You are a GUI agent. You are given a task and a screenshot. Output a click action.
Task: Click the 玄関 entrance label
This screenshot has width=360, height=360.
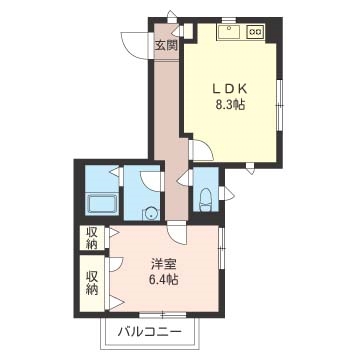(x=166, y=45)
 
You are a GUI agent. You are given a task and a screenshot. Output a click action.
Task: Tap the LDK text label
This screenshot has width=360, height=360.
(x=230, y=89)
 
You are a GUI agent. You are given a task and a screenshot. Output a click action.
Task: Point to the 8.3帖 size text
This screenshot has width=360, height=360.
(x=230, y=105)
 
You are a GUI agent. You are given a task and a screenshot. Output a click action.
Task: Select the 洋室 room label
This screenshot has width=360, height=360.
(x=163, y=264)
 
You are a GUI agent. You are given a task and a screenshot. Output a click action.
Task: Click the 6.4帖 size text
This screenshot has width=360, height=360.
(x=163, y=279)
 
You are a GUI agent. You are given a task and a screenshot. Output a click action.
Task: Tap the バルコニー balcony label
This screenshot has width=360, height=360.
(x=150, y=332)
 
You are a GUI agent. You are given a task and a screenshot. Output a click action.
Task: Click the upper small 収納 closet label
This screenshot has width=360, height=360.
(x=92, y=238)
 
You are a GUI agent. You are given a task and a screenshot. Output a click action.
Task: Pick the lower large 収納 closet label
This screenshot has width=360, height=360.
(x=92, y=283)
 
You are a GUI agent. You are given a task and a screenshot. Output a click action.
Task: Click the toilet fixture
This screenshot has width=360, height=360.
(x=206, y=200)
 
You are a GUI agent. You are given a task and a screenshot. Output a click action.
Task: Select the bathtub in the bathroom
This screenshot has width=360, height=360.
(x=102, y=205)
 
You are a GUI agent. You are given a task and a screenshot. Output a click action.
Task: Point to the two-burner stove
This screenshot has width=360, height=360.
(x=255, y=32)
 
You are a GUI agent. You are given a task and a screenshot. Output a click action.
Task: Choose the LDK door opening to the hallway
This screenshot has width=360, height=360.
(x=201, y=151)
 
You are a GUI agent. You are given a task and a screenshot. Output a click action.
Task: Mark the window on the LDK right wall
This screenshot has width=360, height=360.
(x=280, y=106)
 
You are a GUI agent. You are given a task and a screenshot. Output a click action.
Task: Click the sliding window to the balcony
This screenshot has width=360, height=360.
(x=162, y=315)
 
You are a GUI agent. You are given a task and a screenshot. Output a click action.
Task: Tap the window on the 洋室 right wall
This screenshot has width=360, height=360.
(x=221, y=247)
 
